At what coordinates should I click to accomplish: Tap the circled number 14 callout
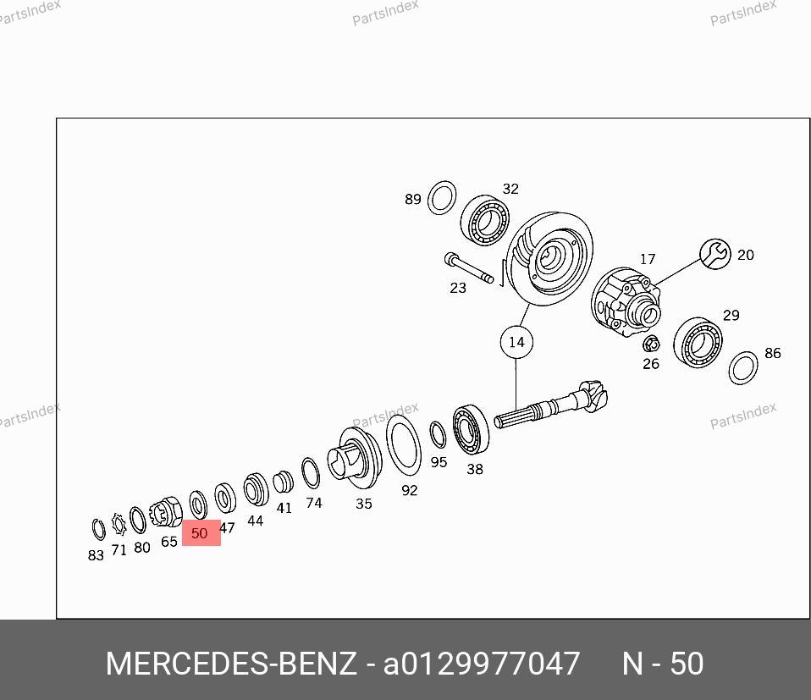(x=516, y=342)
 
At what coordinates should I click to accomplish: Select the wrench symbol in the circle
(x=715, y=254)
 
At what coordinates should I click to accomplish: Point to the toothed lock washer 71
(x=119, y=525)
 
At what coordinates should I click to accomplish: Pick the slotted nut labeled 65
(x=166, y=512)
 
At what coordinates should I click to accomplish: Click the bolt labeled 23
(x=469, y=267)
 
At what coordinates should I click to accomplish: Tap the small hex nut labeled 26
(x=651, y=344)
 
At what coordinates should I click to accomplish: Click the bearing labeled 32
(x=484, y=220)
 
